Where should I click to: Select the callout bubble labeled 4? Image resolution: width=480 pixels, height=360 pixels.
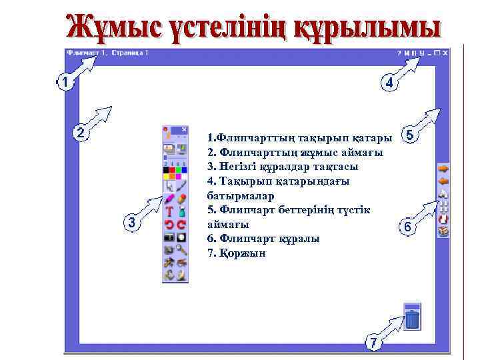tap(389, 83)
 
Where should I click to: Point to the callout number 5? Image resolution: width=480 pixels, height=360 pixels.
tap(409, 135)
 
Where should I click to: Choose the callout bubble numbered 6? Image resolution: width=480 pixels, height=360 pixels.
tap(407, 227)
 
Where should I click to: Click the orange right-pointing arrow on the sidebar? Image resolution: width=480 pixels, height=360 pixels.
tap(443, 168)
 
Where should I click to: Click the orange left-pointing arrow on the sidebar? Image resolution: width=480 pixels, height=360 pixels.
tap(443, 180)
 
